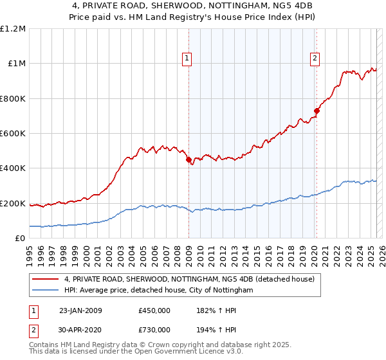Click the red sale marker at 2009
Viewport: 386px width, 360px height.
coord(188,160)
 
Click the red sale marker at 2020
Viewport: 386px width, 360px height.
coord(317,111)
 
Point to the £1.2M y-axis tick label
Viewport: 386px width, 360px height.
coord(13,29)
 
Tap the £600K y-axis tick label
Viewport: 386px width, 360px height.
coord(13,134)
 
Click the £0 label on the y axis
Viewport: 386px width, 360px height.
coord(20,239)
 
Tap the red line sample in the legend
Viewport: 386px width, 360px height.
coord(46,280)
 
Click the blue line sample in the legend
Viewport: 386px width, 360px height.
coord(46,291)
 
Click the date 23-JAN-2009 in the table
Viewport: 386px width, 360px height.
coord(80,310)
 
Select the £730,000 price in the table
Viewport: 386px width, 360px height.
coord(154,330)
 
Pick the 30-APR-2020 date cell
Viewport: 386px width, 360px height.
coord(80,330)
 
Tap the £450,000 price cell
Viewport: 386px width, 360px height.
coord(154,310)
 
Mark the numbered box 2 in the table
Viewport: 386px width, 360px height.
coord(33,330)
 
